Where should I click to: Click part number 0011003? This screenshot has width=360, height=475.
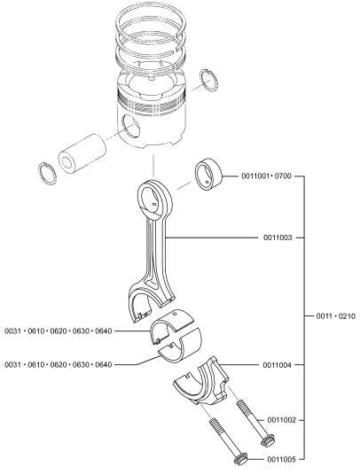(278, 237)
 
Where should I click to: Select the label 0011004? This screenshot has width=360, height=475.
(278, 365)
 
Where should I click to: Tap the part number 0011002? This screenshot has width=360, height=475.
(281, 420)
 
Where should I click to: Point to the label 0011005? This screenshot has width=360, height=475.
(281, 460)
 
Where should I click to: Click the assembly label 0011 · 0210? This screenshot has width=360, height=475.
(336, 316)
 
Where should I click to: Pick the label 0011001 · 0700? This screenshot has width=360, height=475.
(267, 176)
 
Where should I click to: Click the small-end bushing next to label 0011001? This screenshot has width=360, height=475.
(208, 175)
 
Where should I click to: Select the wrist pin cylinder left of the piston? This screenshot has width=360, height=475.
(82, 154)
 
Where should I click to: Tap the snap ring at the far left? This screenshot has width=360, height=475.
(47, 174)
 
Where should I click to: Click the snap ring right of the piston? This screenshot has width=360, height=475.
(208, 81)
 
